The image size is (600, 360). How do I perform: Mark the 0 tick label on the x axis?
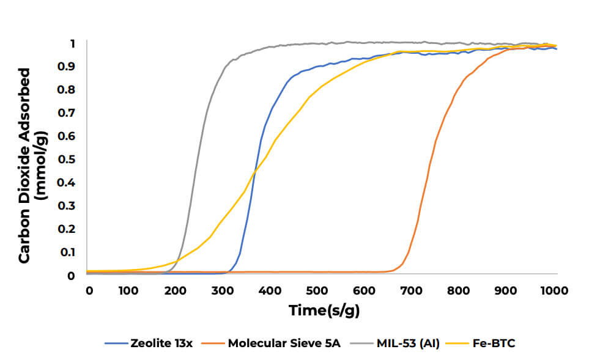[x=89, y=289]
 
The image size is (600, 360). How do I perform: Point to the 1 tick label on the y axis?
[x=72, y=43]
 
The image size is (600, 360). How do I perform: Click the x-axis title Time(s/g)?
[x=324, y=310]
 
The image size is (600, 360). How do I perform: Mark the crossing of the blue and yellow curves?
[x=253, y=174]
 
